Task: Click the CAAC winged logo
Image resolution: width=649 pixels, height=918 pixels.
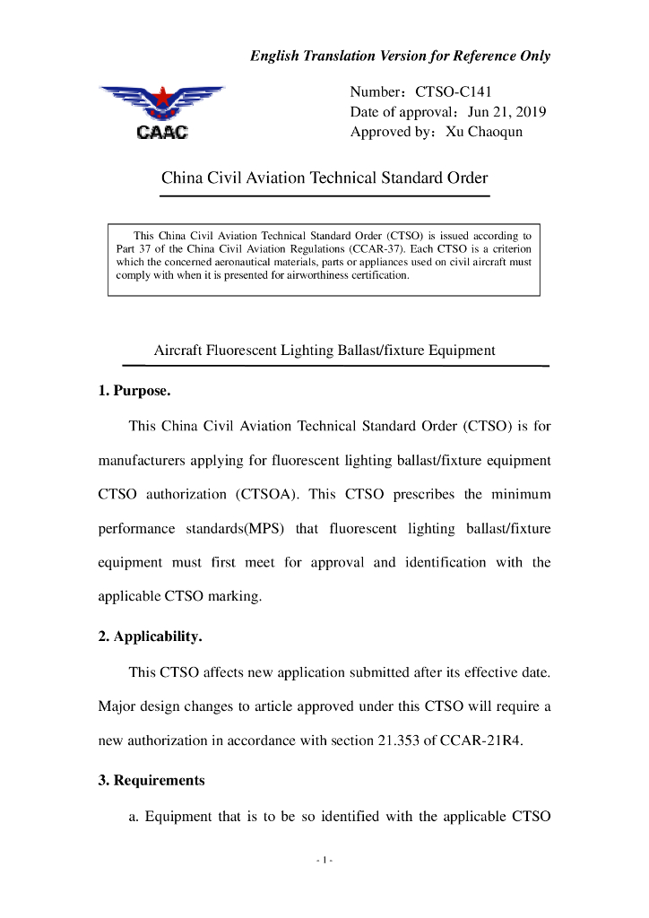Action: click(x=161, y=111)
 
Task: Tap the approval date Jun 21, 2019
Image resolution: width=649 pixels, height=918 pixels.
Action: click(x=506, y=112)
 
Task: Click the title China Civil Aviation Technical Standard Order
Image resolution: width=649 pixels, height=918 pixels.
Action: click(x=324, y=178)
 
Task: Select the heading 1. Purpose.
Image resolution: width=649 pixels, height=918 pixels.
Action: click(x=134, y=392)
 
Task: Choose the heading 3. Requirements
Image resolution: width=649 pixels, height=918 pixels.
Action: click(x=151, y=780)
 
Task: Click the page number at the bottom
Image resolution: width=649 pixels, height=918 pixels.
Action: click(x=324, y=862)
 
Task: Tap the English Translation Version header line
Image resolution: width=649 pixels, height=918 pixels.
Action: click(x=400, y=56)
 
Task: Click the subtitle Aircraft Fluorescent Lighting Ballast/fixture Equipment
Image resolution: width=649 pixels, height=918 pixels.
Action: click(x=324, y=351)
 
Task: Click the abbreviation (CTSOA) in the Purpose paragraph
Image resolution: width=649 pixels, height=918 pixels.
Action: click(x=268, y=494)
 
